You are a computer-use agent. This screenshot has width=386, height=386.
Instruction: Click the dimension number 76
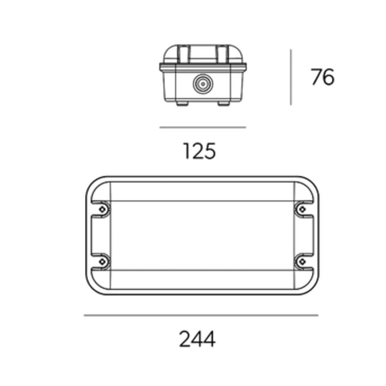[322, 77]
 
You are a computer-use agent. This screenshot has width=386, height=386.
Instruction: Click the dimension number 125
[200, 151]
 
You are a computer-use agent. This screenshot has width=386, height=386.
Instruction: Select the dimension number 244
[197, 339]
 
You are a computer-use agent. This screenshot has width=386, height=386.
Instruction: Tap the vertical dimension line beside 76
[291, 77]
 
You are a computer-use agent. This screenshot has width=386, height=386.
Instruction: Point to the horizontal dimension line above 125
[203, 127]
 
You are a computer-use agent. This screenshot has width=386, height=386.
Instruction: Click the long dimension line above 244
[201, 315]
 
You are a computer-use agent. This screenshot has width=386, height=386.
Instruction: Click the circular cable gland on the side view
[203, 84]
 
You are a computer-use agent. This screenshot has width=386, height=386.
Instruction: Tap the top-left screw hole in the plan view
[102, 210]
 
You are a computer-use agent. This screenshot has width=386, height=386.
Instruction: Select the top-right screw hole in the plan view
[302, 210]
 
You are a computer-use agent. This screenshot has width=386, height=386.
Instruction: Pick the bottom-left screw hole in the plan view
[102, 262]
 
